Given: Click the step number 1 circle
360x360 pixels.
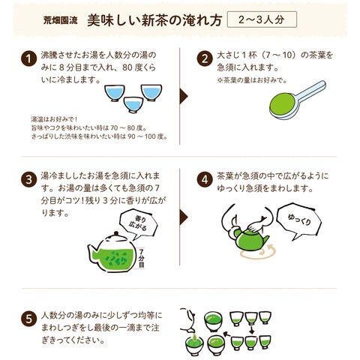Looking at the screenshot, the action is [x=28, y=59].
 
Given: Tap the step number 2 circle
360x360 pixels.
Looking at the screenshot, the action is [x=205, y=59].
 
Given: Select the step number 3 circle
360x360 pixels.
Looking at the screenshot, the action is [x=28, y=179].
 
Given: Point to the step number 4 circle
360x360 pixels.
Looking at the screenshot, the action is [x=205, y=179].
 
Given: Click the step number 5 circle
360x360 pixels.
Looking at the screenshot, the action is [x=28, y=319].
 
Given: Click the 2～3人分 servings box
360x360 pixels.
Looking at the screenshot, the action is [x=262, y=19].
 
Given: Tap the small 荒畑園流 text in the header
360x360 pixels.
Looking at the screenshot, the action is [x=60, y=20].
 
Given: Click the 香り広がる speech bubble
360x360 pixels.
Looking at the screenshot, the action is [x=138, y=223].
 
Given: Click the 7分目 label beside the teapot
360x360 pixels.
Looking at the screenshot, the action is [x=142, y=258].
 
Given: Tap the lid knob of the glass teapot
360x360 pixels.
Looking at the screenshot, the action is [x=115, y=233].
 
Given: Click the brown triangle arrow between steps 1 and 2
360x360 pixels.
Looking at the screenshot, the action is [x=184, y=96].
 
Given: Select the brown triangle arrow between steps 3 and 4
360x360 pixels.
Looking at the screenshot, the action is [x=184, y=217].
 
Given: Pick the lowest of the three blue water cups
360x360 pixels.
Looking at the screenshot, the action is [x=133, y=104].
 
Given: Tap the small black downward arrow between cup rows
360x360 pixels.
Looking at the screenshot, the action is [x=252, y=329].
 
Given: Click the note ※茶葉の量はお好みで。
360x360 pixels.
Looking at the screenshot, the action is [x=252, y=80].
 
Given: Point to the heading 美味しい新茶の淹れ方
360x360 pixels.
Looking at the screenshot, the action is [x=154, y=20].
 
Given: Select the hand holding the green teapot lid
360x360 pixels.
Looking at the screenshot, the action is [x=256, y=225].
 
